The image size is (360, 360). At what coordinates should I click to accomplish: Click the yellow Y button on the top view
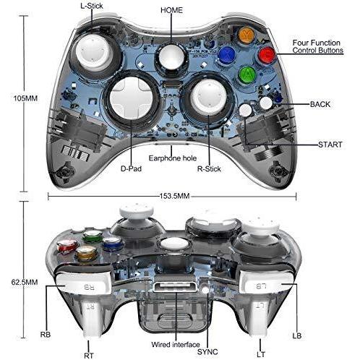246,35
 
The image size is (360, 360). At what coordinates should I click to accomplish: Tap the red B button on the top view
267,55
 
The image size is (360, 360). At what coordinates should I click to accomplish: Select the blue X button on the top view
226,55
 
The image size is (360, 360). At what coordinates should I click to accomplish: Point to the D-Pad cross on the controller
132,98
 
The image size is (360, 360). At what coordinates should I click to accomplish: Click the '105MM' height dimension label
25,98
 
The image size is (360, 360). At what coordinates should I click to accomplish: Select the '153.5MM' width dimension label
175,196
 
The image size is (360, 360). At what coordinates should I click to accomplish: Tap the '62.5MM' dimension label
25,282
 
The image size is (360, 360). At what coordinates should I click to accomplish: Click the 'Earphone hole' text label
173,158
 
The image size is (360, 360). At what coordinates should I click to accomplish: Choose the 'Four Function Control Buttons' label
317,46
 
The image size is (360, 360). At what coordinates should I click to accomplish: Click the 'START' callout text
330,145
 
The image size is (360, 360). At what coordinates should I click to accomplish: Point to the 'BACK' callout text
320,104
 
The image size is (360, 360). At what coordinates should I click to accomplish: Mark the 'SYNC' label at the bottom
207,352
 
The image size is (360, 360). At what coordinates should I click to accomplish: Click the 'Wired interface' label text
176,345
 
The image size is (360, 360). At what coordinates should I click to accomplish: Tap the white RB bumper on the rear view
83,283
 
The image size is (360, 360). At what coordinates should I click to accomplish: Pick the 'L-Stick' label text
92,6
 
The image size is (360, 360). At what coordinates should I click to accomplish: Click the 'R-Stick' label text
209,169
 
